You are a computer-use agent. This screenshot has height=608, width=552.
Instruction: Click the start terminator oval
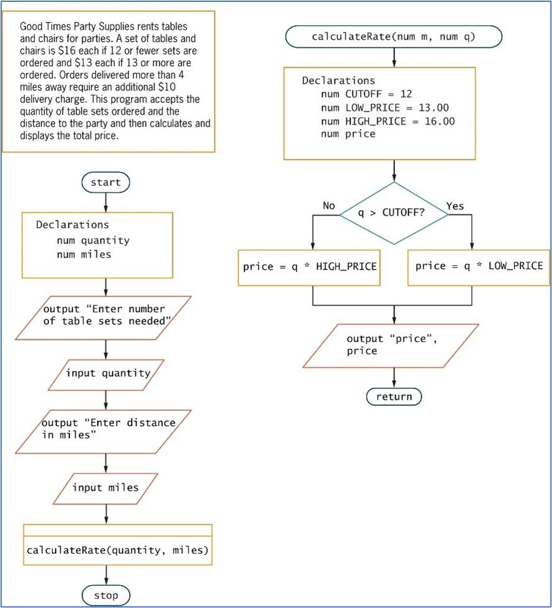(x=105, y=182)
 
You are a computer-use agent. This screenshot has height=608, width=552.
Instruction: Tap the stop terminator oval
(x=106, y=596)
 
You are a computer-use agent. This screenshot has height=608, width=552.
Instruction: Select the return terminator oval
(x=394, y=396)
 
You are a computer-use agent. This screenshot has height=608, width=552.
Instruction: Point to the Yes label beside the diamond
(x=455, y=206)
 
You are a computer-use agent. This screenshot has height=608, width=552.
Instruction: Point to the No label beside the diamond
(x=329, y=206)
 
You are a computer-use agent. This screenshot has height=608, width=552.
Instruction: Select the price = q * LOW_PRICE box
(x=479, y=267)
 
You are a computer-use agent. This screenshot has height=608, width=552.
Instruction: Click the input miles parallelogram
(x=105, y=487)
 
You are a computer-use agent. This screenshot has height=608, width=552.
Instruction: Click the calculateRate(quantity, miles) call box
(x=118, y=550)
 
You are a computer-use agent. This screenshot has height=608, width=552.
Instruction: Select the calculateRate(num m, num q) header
(x=394, y=37)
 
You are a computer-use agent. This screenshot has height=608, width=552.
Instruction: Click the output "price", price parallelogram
(x=391, y=345)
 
